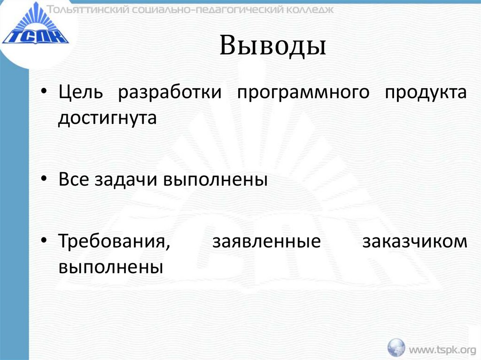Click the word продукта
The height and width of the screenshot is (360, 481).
(x=426, y=92)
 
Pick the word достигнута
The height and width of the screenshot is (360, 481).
(x=107, y=118)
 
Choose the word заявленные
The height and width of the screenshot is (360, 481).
(x=267, y=243)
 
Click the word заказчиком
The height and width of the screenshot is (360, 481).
(x=415, y=243)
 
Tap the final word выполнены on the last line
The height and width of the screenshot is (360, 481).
(x=111, y=268)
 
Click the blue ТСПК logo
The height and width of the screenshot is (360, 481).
(x=35, y=29)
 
